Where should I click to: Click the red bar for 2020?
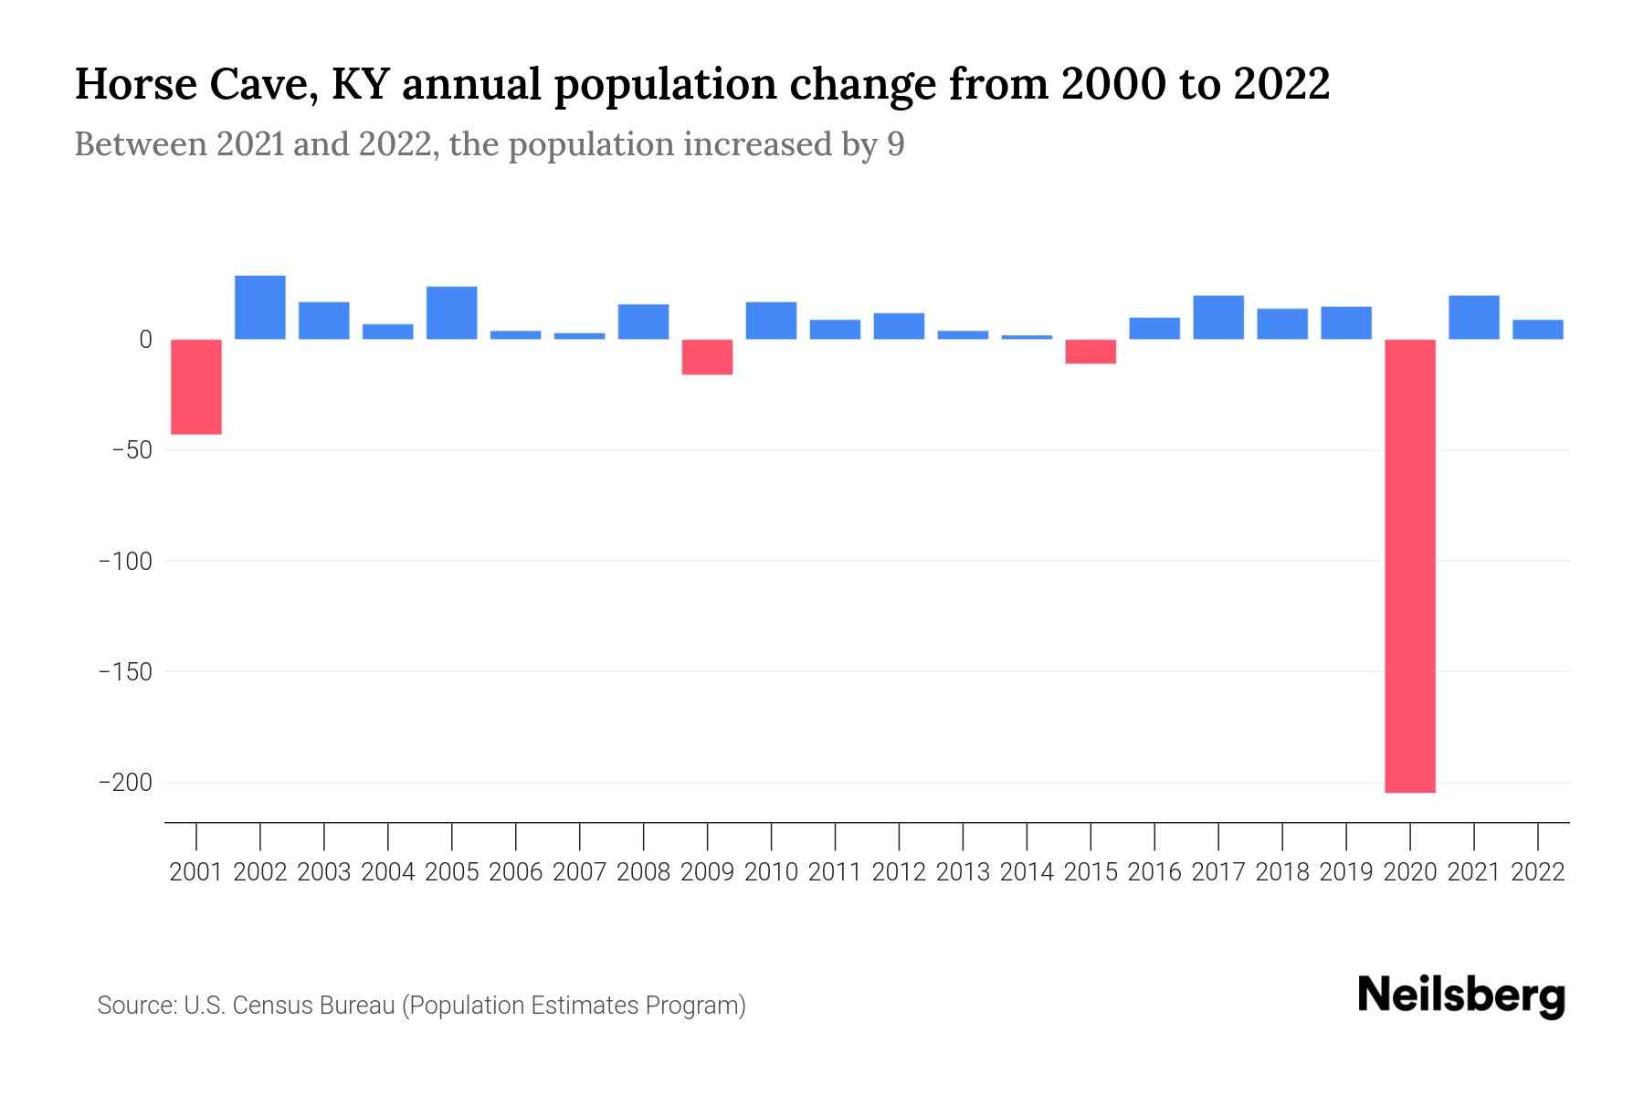point(1409,565)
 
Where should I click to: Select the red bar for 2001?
point(196,386)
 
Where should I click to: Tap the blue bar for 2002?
point(260,308)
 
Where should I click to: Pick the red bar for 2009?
point(707,357)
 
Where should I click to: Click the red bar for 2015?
point(1091,352)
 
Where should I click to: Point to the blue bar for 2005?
point(452,313)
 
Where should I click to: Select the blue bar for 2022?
point(1537,330)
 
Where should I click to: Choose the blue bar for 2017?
point(1218,318)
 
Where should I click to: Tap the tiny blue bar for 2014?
point(1027,337)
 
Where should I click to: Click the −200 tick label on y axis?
point(125,783)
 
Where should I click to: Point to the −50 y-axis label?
point(132,450)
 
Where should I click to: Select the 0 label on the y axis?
point(145,340)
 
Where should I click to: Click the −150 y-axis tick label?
point(125,672)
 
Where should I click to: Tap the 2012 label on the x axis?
point(899,872)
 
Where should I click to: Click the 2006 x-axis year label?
point(516,872)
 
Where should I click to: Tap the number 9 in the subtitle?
point(895,145)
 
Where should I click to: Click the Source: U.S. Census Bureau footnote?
point(421,1006)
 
